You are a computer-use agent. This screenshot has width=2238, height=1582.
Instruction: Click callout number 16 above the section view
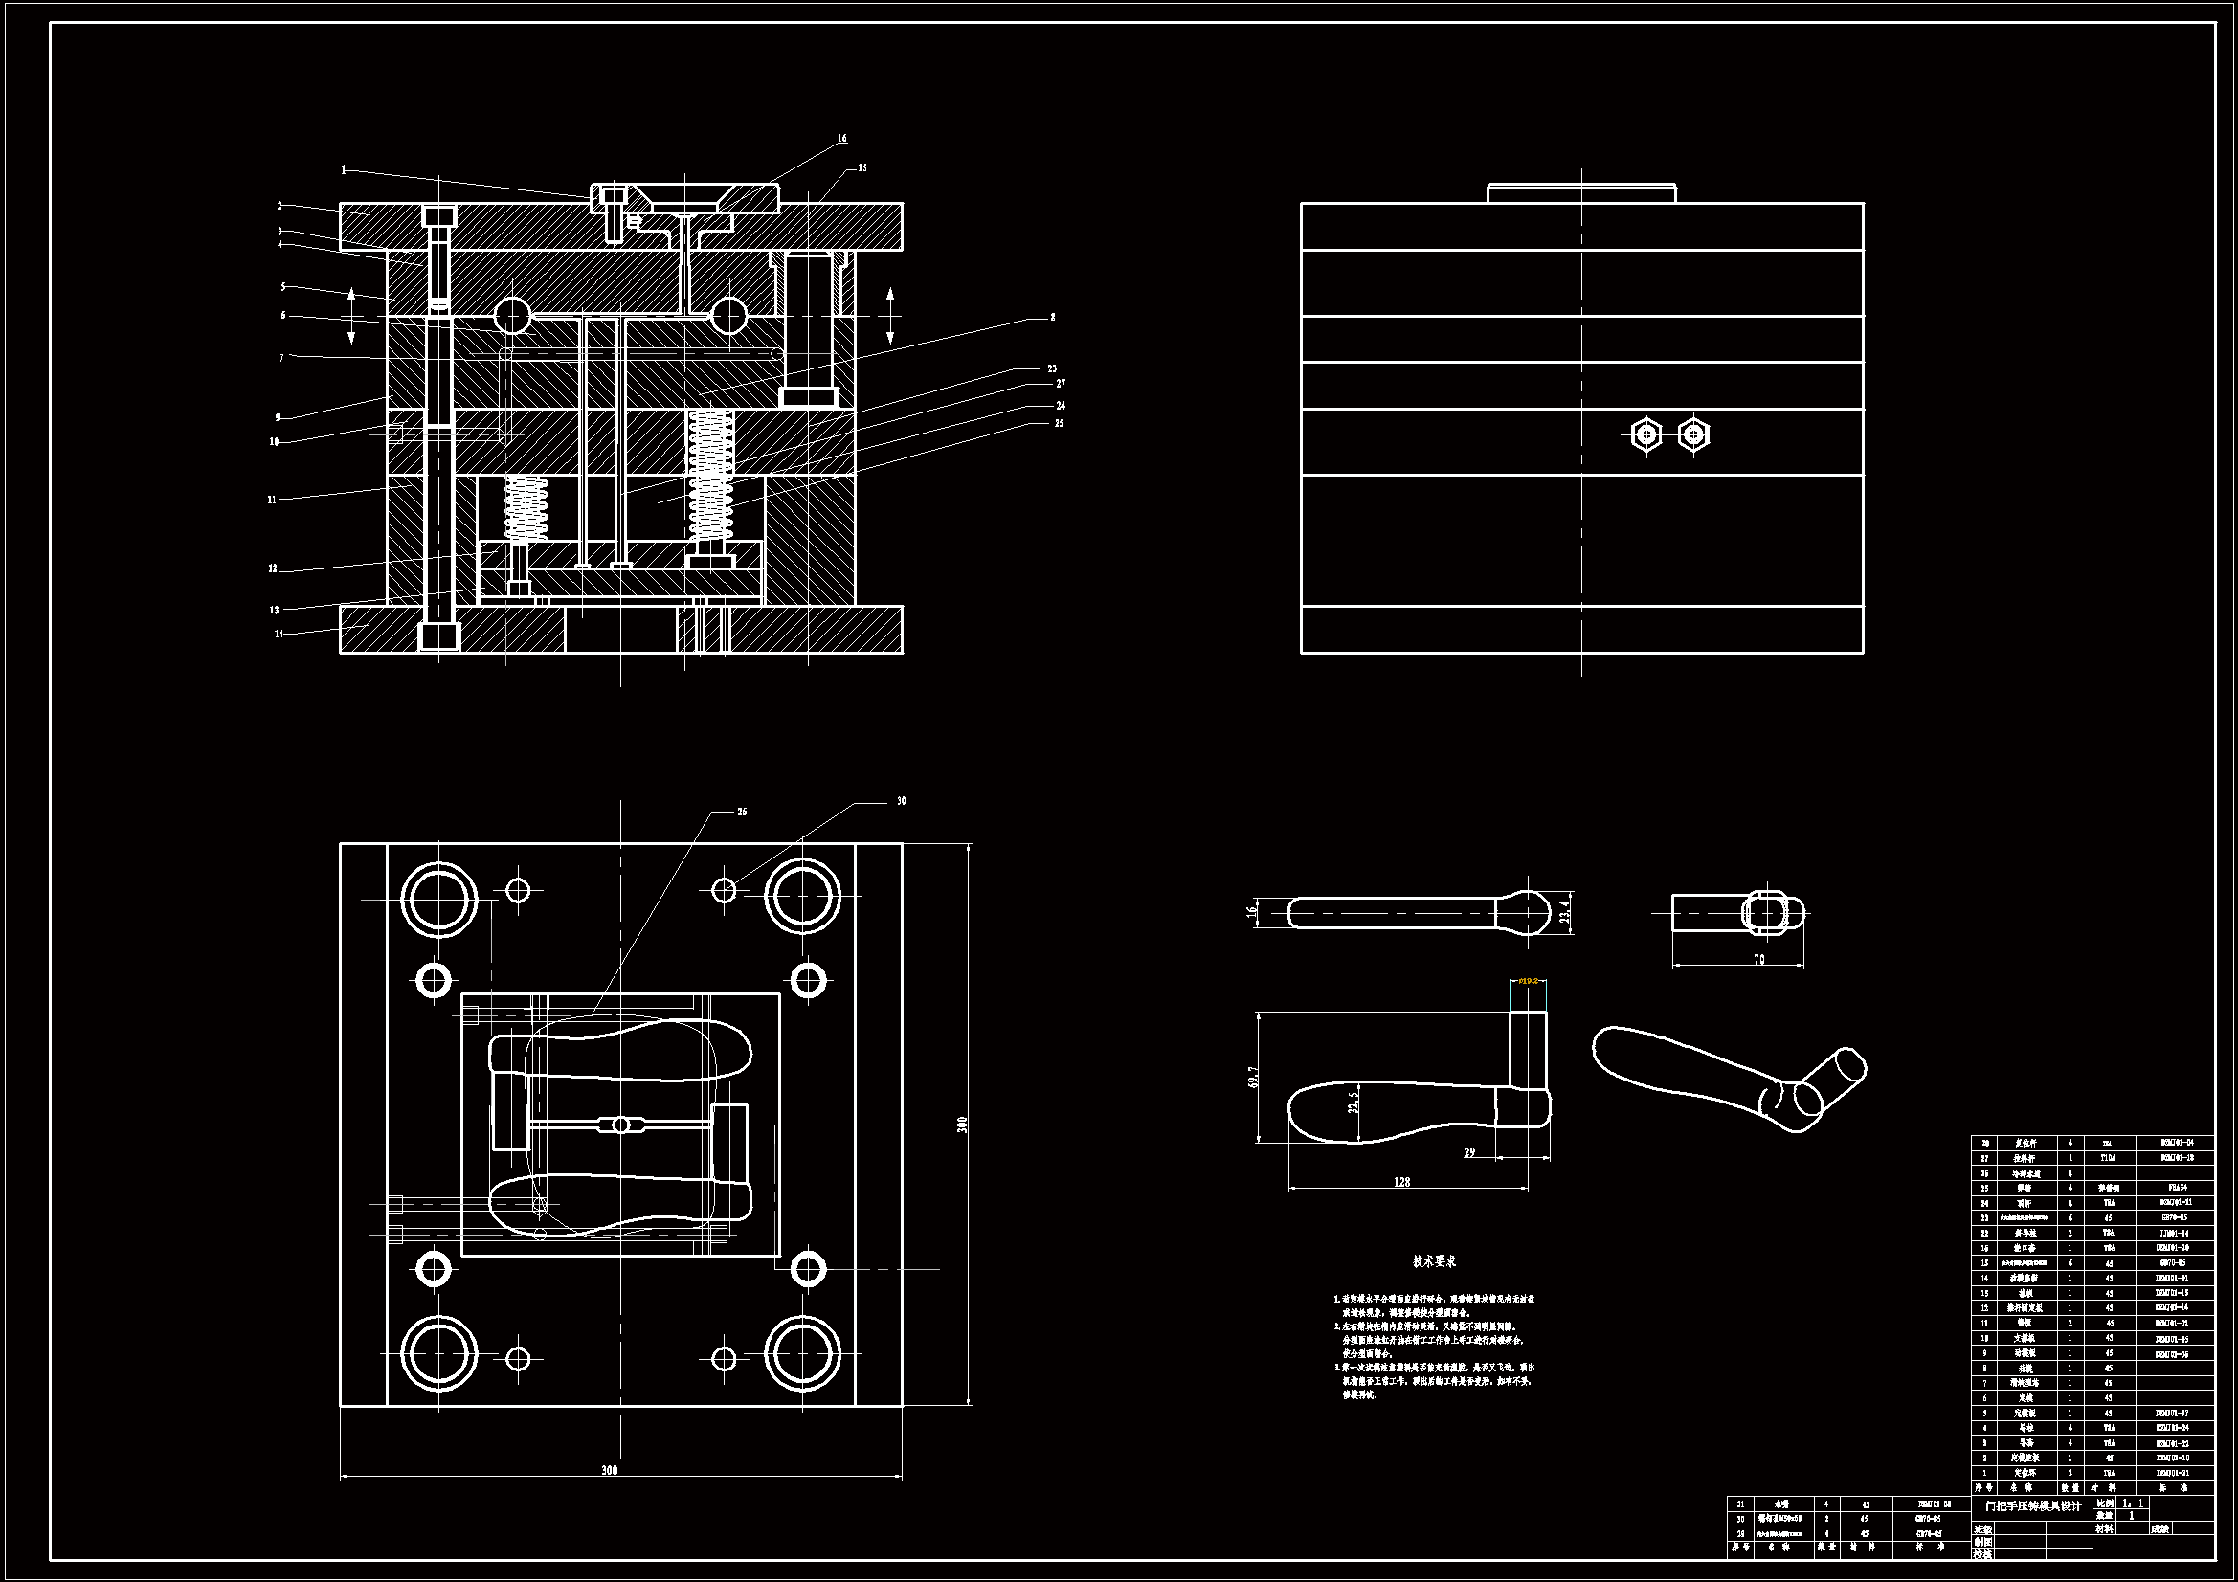(x=842, y=139)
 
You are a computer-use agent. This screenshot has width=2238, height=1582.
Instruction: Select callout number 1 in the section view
(x=343, y=169)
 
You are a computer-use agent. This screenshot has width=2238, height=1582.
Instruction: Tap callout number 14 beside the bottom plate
(x=279, y=634)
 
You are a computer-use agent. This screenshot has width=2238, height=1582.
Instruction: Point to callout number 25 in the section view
(x=1060, y=423)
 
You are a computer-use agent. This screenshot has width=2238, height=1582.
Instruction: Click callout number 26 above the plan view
(x=742, y=812)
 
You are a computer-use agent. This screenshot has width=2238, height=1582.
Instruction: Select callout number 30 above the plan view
(x=901, y=801)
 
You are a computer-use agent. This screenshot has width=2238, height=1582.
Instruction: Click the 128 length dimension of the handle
(x=1401, y=1181)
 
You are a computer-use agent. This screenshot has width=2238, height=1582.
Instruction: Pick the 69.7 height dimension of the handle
(x=1254, y=1077)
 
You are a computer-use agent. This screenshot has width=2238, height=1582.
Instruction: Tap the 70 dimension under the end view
(x=1758, y=959)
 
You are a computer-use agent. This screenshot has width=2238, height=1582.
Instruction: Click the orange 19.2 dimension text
(x=1529, y=981)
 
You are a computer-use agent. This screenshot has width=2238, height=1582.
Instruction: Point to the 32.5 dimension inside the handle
(x=1353, y=1102)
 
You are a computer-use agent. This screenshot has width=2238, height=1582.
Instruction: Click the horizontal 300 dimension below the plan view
(x=609, y=1470)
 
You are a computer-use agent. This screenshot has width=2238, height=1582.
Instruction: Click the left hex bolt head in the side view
(x=1645, y=434)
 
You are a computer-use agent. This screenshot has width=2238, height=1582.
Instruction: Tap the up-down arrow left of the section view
(x=352, y=316)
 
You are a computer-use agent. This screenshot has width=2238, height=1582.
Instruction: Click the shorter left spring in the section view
(x=526, y=508)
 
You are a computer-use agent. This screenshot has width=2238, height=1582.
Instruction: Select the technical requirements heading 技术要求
(x=1434, y=1261)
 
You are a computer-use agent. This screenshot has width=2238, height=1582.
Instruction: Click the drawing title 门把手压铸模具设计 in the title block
(x=2033, y=1506)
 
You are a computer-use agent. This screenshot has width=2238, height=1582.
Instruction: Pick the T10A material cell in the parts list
(x=2109, y=1158)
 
